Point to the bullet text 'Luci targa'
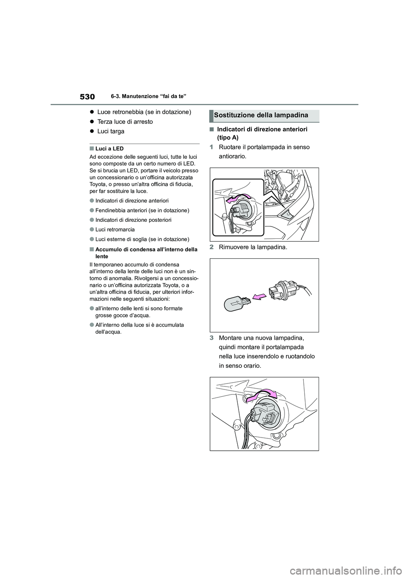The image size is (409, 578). tap(111, 132)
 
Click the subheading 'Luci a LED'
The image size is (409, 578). tap(109, 149)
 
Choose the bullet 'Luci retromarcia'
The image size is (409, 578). tap(115, 229)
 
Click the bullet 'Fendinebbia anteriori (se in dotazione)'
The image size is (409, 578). tap(142, 210)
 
